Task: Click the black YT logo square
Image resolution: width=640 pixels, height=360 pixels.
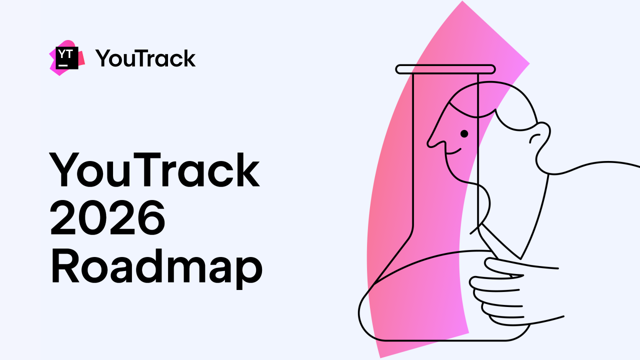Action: pyautogui.click(x=67, y=58)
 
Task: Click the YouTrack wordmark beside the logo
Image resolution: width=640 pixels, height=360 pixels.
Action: pyautogui.click(x=145, y=58)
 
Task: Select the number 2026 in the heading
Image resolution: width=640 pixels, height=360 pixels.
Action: pyautogui.click(x=107, y=218)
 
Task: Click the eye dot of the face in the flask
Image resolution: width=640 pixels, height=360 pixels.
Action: pyautogui.click(x=464, y=133)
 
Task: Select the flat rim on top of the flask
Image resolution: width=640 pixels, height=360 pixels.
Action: pyautogui.click(x=445, y=69)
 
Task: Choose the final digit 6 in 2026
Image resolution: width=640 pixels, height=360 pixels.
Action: pyautogui.click(x=150, y=218)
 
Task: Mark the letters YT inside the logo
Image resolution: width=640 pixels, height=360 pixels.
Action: pyautogui.click(x=64, y=53)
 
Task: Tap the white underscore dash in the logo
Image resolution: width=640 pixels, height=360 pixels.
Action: pyautogui.click(x=62, y=65)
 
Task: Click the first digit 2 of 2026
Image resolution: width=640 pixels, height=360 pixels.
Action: pyautogui.click(x=64, y=218)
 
